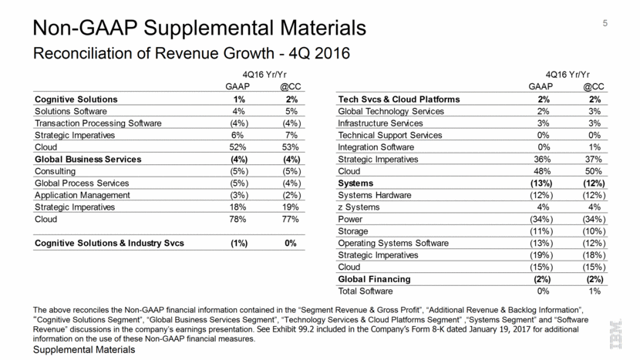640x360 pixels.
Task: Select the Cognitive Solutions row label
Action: pyautogui.click(x=76, y=99)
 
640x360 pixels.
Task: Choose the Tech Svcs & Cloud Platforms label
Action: pyautogui.click(x=399, y=99)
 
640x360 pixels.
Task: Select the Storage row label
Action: pyautogui.click(x=354, y=231)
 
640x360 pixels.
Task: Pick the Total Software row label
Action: pyautogui.click(x=365, y=291)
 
